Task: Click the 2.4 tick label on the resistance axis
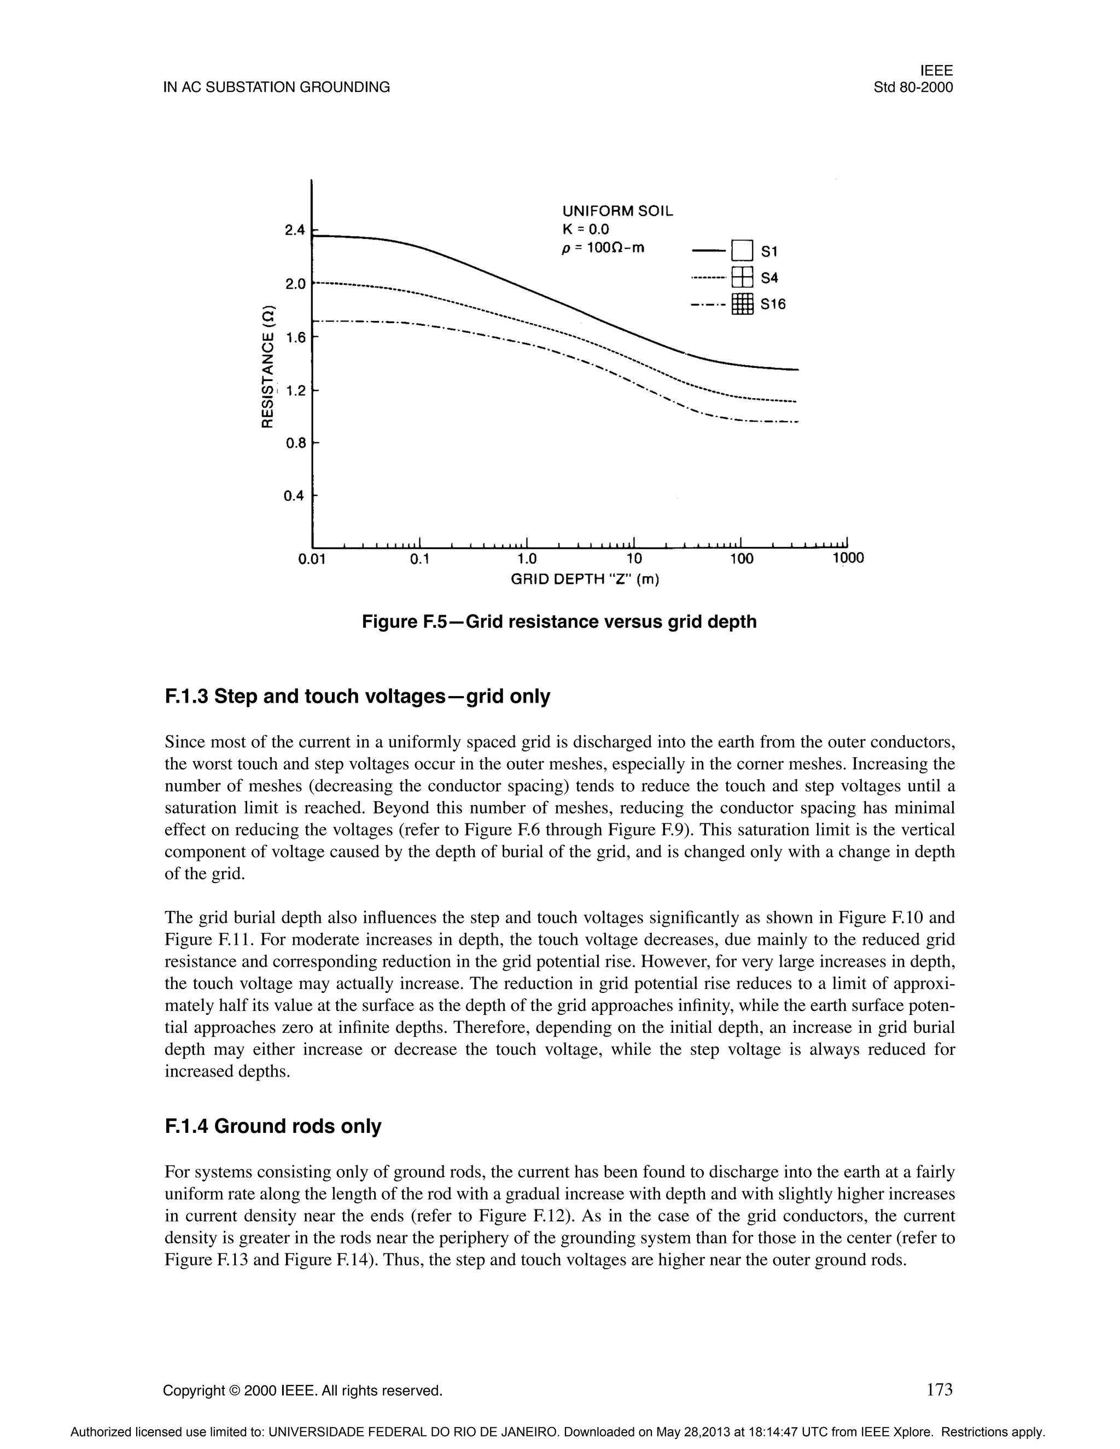[x=294, y=231]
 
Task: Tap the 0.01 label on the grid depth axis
[x=311, y=559]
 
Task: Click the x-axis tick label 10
[x=634, y=559]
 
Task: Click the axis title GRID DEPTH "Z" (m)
[x=585, y=580]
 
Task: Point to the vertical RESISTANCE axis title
[x=267, y=367]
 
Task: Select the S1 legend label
[x=769, y=252]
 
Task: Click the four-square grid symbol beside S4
[x=743, y=277]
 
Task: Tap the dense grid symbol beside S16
[x=743, y=304]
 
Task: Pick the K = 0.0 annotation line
[x=585, y=230]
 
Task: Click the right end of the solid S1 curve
[x=797, y=370]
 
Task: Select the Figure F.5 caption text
[x=559, y=622]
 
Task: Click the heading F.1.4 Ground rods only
[x=273, y=1126]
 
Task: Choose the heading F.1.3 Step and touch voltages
[x=357, y=697]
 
